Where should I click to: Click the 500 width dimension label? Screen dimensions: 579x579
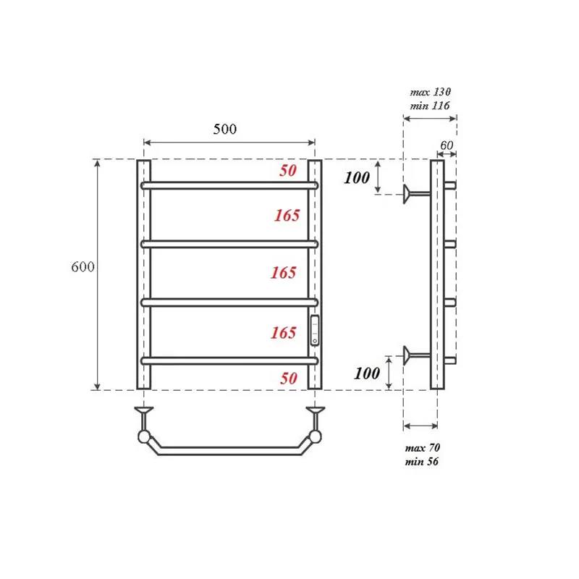(x=225, y=129)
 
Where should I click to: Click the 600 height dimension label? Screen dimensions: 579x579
(x=83, y=266)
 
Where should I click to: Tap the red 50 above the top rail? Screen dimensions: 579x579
(x=288, y=171)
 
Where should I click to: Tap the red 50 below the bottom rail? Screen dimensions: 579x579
(x=288, y=379)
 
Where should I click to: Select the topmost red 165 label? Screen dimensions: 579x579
(x=287, y=216)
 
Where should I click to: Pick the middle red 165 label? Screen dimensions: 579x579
(x=284, y=273)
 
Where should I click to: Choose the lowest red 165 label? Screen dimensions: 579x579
(x=284, y=333)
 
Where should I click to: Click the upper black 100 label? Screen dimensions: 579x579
(x=357, y=178)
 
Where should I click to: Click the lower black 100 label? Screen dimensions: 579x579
(x=367, y=373)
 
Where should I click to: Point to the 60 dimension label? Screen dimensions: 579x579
(x=447, y=145)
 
